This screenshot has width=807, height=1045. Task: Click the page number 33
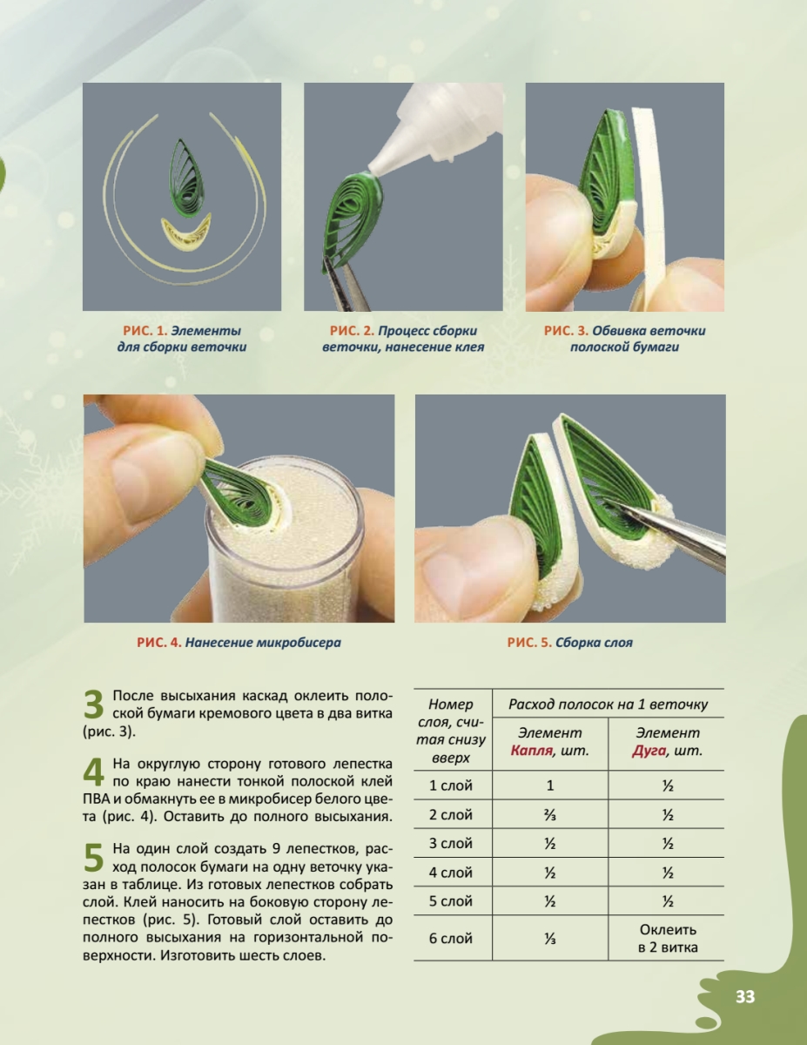point(745,997)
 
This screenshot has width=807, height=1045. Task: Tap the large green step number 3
point(94,705)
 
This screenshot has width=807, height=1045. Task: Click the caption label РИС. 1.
point(145,331)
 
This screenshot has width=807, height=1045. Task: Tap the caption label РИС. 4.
point(159,643)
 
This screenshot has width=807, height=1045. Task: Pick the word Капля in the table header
point(531,751)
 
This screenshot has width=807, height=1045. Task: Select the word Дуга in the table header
point(649,751)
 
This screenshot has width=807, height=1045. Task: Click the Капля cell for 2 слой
point(550,815)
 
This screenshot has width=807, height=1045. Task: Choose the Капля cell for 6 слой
point(550,938)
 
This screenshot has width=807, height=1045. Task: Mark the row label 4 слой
point(450,873)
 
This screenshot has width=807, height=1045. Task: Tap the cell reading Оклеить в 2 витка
point(668,938)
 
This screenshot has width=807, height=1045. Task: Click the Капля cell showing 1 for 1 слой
point(550,785)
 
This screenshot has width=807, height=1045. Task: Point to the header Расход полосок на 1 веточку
point(608,705)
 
